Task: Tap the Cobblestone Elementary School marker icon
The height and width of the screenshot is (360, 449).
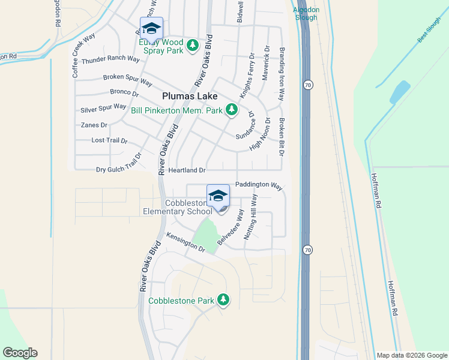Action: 218,196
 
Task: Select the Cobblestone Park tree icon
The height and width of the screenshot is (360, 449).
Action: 223,299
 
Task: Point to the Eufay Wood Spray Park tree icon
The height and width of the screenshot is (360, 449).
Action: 192,46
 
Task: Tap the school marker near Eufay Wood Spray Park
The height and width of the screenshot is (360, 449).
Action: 151,28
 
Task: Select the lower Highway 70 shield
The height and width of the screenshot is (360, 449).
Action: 307,249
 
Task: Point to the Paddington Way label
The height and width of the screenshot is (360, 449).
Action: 259,185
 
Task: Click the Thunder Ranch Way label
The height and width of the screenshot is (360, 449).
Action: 106,59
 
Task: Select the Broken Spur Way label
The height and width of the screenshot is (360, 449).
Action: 127,77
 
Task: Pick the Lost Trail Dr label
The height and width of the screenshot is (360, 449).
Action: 109,140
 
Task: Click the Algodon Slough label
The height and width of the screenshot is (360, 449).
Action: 306,13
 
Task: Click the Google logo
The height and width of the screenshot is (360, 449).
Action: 20,353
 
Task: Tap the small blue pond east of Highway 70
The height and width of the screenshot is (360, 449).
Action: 399,92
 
